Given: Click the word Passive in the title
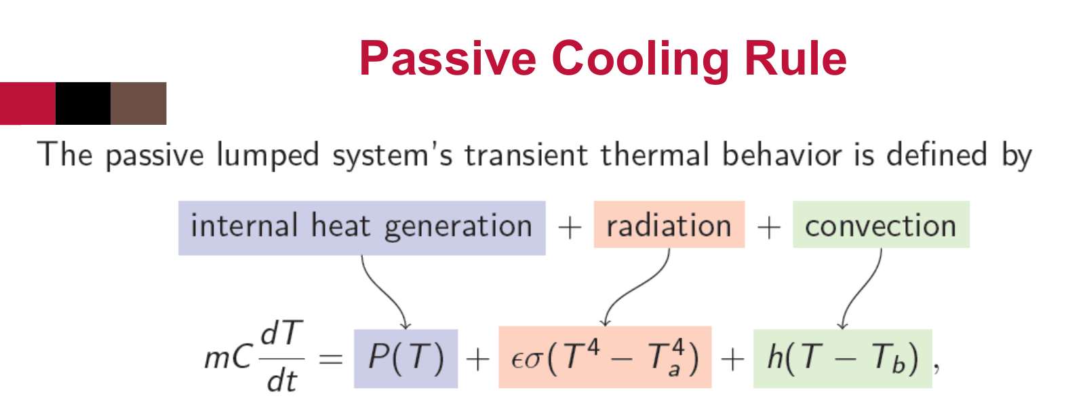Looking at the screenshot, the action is (448, 58).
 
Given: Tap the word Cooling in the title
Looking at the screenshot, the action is (640, 60).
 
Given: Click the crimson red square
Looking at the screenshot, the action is (28, 104).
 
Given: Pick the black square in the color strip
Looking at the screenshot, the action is (83, 104).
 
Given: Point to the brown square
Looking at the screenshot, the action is (138, 104).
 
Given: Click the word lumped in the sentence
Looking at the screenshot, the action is (267, 155).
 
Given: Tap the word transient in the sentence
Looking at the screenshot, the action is (526, 155).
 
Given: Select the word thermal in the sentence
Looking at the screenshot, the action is (655, 155).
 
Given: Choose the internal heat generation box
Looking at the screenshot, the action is (362, 228).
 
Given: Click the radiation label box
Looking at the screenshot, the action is (669, 225).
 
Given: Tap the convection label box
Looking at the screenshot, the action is (881, 225).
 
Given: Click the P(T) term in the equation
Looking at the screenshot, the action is (406, 359).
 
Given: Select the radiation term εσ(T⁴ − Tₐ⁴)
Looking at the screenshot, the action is (605, 357).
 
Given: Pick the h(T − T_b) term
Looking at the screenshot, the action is (843, 359).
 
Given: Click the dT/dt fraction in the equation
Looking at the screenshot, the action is (282, 356).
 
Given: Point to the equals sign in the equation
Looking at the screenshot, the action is (331, 359).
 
